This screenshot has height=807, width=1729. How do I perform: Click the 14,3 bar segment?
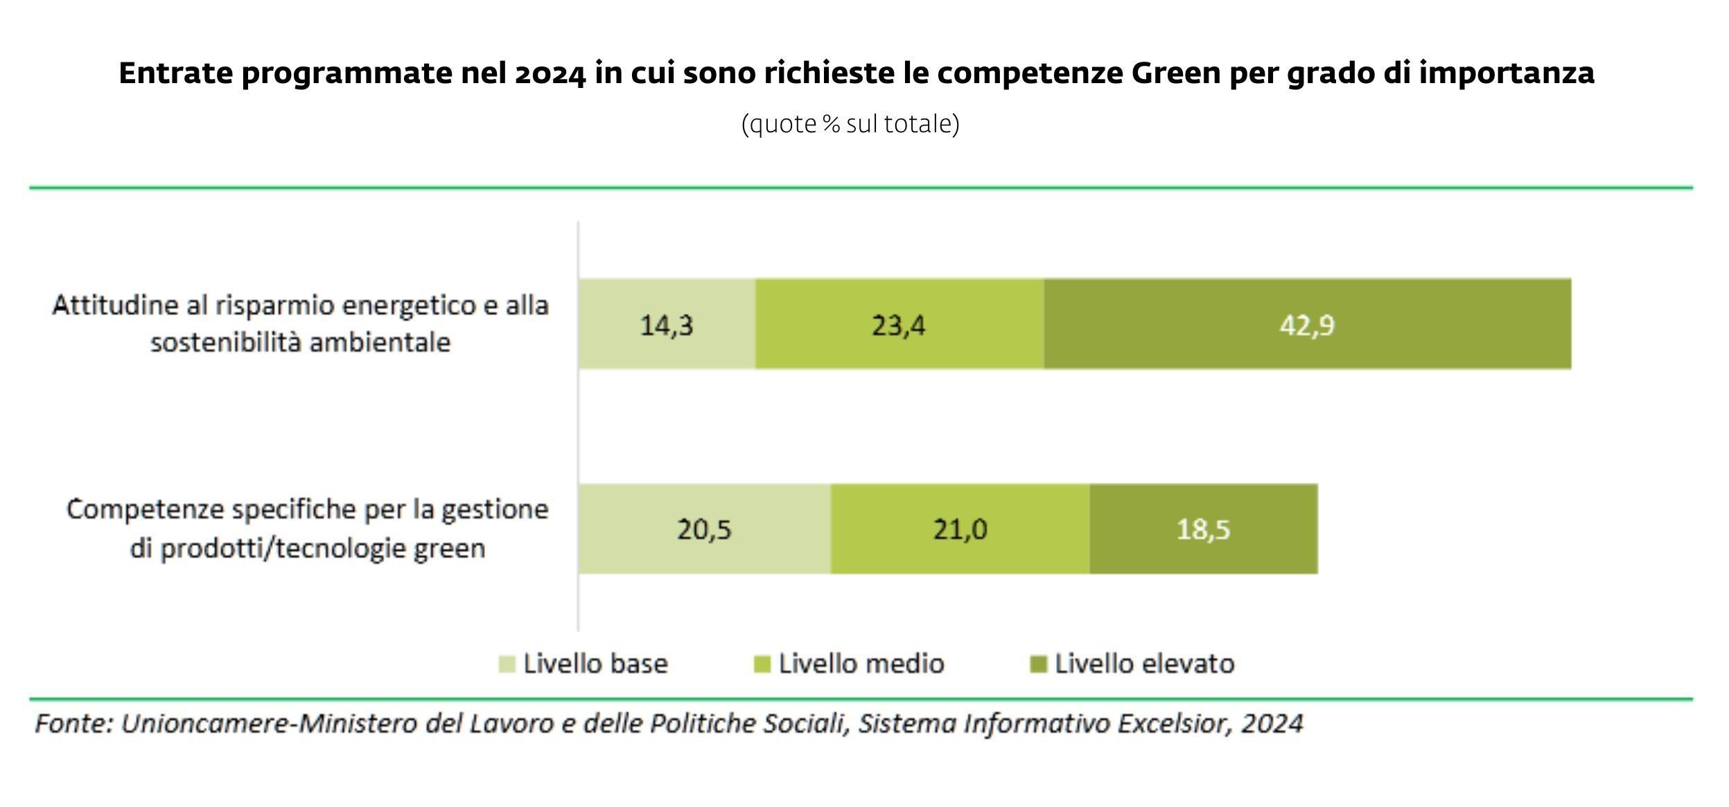click(x=667, y=324)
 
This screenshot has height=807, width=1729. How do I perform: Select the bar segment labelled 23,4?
click(x=899, y=324)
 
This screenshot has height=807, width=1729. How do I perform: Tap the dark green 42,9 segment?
click(x=1307, y=324)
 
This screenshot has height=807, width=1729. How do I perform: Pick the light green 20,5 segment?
click(x=704, y=529)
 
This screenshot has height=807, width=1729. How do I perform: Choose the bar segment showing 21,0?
click(x=960, y=529)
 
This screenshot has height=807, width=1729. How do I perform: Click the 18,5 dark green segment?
click(x=1203, y=529)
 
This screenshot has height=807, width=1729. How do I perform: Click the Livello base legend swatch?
click(x=507, y=664)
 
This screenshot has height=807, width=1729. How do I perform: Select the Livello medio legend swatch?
click(x=762, y=664)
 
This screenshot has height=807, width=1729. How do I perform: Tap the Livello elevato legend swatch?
click(x=1038, y=664)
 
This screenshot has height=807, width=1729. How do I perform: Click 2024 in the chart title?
click(x=550, y=73)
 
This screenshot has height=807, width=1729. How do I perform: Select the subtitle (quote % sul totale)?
click(x=850, y=124)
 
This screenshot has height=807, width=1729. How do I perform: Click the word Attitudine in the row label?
click(x=115, y=305)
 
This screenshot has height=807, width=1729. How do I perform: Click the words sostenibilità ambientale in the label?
click(x=300, y=342)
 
